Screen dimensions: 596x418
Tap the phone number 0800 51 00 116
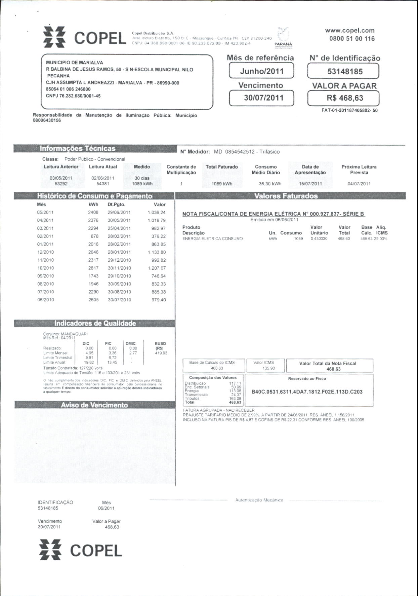click(x=352, y=39)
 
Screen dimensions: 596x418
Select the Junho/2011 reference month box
click(x=261, y=71)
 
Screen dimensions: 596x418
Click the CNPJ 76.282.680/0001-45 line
click(x=73, y=96)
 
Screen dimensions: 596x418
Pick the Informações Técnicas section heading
click(x=78, y=149)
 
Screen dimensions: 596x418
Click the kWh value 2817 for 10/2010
click(x=93, y=268)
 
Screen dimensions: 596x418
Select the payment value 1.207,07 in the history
click(x=157, y=268)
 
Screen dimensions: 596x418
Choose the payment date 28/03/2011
click(x=119, y=236)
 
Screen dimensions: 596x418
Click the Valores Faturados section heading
click(x=286, y=196)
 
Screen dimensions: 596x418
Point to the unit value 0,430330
click(x=319, y=239)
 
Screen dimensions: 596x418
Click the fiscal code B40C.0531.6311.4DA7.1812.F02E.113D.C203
click(x=307, y=392)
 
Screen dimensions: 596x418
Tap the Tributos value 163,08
click(x=235, y=399)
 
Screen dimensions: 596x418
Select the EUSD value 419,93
click(x=161, y=353)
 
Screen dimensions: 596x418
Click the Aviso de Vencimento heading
click(x=94, y=405)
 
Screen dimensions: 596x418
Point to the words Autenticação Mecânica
click(x=259, y=500)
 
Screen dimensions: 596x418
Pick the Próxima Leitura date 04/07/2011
click(x=359, y=184)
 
